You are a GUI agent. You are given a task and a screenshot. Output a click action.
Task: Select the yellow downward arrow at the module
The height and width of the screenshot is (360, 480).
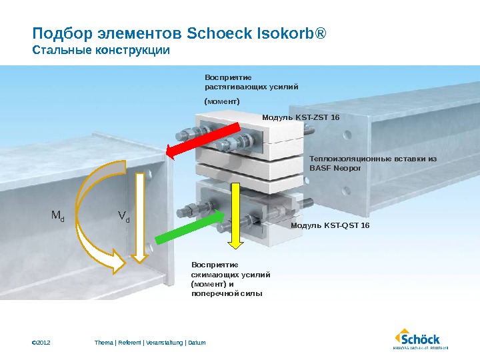coord(235,213)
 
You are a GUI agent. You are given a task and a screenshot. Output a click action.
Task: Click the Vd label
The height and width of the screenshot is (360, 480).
coord(123,216)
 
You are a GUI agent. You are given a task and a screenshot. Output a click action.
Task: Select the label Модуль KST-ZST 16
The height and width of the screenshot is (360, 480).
coord(300,117)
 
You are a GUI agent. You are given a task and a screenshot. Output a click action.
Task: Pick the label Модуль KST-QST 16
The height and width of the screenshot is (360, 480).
coord(330,226)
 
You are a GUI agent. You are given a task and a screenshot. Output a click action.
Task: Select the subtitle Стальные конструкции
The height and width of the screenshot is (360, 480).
coord(101,50)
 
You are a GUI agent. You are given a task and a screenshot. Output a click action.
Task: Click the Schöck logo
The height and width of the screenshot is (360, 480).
coord(419,337)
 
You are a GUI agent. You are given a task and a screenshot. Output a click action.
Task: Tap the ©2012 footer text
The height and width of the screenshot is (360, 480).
coord(41,343)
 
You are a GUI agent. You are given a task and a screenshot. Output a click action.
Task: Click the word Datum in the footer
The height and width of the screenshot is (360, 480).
coord(197,343)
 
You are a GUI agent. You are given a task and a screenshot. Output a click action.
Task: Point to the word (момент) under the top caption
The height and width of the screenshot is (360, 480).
coord(221,101)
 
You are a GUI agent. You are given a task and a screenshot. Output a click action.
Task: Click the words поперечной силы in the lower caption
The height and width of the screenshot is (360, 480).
coord(227,293)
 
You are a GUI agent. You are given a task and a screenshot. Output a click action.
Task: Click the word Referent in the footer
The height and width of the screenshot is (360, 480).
coord(129,343)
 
